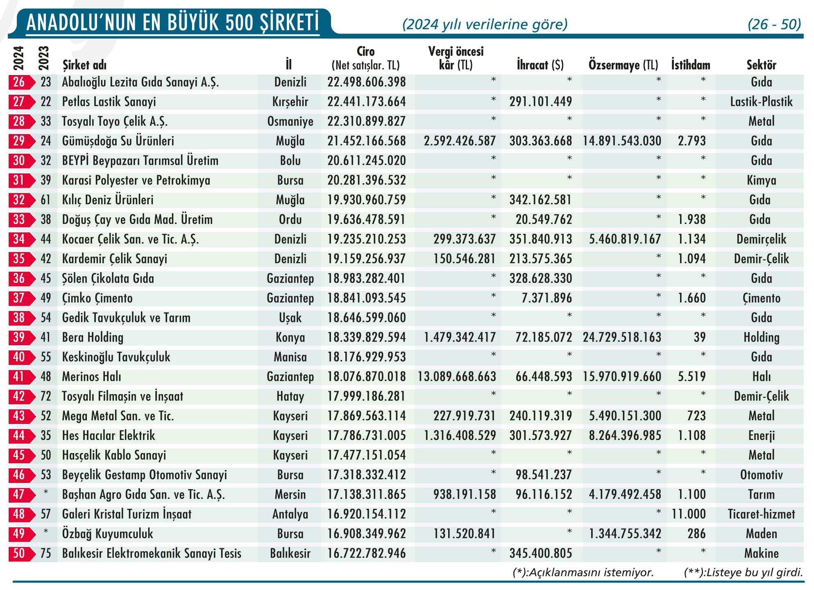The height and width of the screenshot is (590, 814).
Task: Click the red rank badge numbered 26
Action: pyautogui.click(x=20, y=82)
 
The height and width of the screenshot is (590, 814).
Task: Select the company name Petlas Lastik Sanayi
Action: pyautogui.click(x=109, y=102)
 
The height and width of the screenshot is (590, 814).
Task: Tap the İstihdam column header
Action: pyautogui.click(x=690, y=65)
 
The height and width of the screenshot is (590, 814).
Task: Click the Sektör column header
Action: pyautogui.click(x=761, y=65)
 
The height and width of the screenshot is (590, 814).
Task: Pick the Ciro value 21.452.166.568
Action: pyautogui.click(x=366, y=141)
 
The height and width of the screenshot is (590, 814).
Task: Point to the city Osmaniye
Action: pyautogui.click(x=290, y=121)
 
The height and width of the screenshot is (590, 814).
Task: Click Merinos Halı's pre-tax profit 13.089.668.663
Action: pyautogui.click(x=457, y=376)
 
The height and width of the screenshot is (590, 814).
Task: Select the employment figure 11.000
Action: pyautogui.click(x=689, y=514)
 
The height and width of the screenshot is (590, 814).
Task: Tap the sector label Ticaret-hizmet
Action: pyautogui.click(x=761, y=514)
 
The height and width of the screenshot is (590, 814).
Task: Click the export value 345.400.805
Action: pyautogui.click(x=541, y=554)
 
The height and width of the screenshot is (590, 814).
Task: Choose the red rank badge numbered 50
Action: pyautogui.click(x=20, y=554)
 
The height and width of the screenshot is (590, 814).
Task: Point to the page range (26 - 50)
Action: pyautogui.click(x=774, y=25)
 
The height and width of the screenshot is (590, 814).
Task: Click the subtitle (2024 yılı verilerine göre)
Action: pyautogui.click(x=485, y=25)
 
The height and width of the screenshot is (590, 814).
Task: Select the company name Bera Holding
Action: pyautogui.click(x=93, y=337)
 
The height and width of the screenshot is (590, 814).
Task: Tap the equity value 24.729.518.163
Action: pyautogui.click(x=622, y=337)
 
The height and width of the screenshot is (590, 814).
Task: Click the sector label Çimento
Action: pyautogui.click(x=761, y=298)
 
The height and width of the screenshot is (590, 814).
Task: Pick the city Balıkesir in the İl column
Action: pyautogui.click(x=290, y=554)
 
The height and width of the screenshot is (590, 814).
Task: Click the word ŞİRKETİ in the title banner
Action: pyautogui.click(x=289, y=23)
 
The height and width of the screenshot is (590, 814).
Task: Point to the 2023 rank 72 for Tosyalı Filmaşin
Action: pyautogui.click(x=45, y=396)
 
